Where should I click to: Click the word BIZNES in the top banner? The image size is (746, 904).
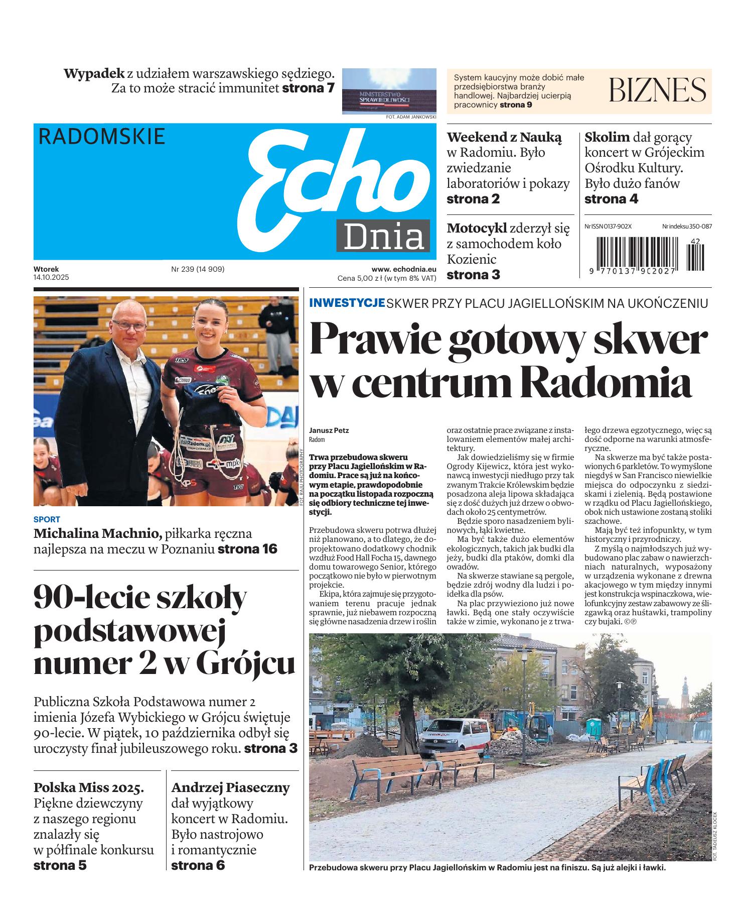tap(658, 90)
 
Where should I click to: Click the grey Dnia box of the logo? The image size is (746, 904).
tap(383, 236)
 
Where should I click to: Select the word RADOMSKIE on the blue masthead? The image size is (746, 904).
tap(102, 137)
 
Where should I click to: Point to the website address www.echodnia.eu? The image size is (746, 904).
tap(403, 269)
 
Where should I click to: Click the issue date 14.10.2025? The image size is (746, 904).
tap(51, 277)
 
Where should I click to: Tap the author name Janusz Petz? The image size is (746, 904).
tap(329, 430)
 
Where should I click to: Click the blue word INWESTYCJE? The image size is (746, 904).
tap(347, 303)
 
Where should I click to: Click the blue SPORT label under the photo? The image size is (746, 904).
tap(47, 520)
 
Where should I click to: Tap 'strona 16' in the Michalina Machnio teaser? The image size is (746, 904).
tap(247, 549)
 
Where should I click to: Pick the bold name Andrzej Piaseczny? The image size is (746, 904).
tap(230, 787)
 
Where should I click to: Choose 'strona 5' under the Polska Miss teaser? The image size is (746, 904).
tap(60, 865)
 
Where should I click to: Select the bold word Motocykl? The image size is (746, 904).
tap(477, 229)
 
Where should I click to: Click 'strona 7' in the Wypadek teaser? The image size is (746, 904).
tap(308, 89)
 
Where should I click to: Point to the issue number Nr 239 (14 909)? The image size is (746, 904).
tap(198, 269)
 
